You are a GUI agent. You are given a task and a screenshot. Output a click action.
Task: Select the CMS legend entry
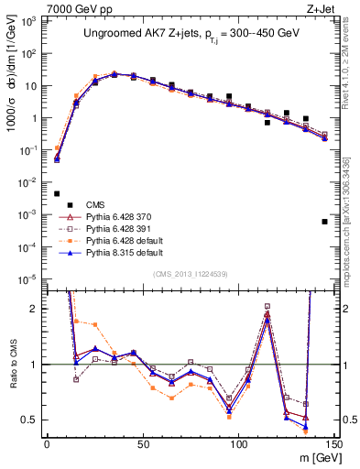(95, 204)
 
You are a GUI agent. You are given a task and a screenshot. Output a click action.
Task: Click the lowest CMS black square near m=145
(324, 222)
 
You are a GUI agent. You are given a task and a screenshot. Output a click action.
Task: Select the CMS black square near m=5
(57, 193)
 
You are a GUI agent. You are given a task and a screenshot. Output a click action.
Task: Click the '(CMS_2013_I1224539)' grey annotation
(191, 274)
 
